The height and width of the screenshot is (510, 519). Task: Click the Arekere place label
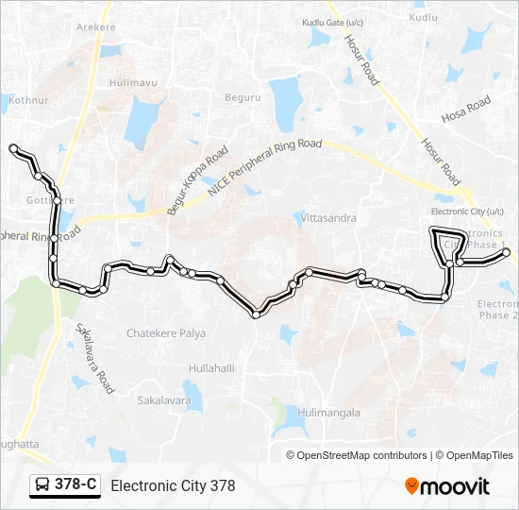(95, 27)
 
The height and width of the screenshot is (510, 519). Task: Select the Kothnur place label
(28, 99)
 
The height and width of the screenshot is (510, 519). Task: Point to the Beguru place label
(242, 97)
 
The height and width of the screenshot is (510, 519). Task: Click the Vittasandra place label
(328, 218)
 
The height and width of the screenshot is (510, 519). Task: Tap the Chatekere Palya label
(166, 333)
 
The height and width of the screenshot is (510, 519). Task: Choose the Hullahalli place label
(211, 368)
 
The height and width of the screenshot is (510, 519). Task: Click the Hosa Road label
(466, 109)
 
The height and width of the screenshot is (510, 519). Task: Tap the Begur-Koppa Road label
(198, 181)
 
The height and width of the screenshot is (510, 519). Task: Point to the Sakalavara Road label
(95, 356)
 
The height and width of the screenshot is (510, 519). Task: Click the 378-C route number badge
(75, 485)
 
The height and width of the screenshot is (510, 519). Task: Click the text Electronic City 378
(173, 486)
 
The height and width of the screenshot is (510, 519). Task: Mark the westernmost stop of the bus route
(13, 148)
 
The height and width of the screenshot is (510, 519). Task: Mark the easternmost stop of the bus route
(506, 253)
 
